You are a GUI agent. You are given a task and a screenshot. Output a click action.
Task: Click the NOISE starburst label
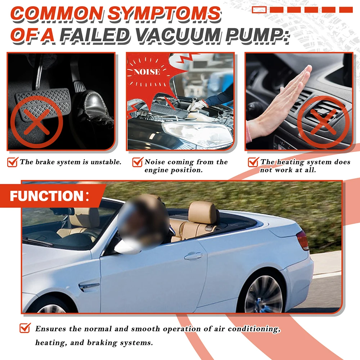pos(147,72)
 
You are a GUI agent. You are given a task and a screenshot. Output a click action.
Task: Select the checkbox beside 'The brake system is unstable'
pos(13,162)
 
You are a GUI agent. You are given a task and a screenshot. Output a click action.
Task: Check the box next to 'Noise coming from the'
pos(138,162)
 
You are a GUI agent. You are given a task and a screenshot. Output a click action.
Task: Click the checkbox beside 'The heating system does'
pos(253,162)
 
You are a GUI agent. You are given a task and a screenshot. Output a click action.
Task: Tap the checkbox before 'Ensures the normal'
pos(24,328)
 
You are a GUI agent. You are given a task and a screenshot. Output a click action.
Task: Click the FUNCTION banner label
pos(47,196)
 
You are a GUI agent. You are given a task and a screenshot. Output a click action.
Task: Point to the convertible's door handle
pos(193,256)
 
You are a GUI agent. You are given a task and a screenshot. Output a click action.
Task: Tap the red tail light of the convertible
pos(302,240)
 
